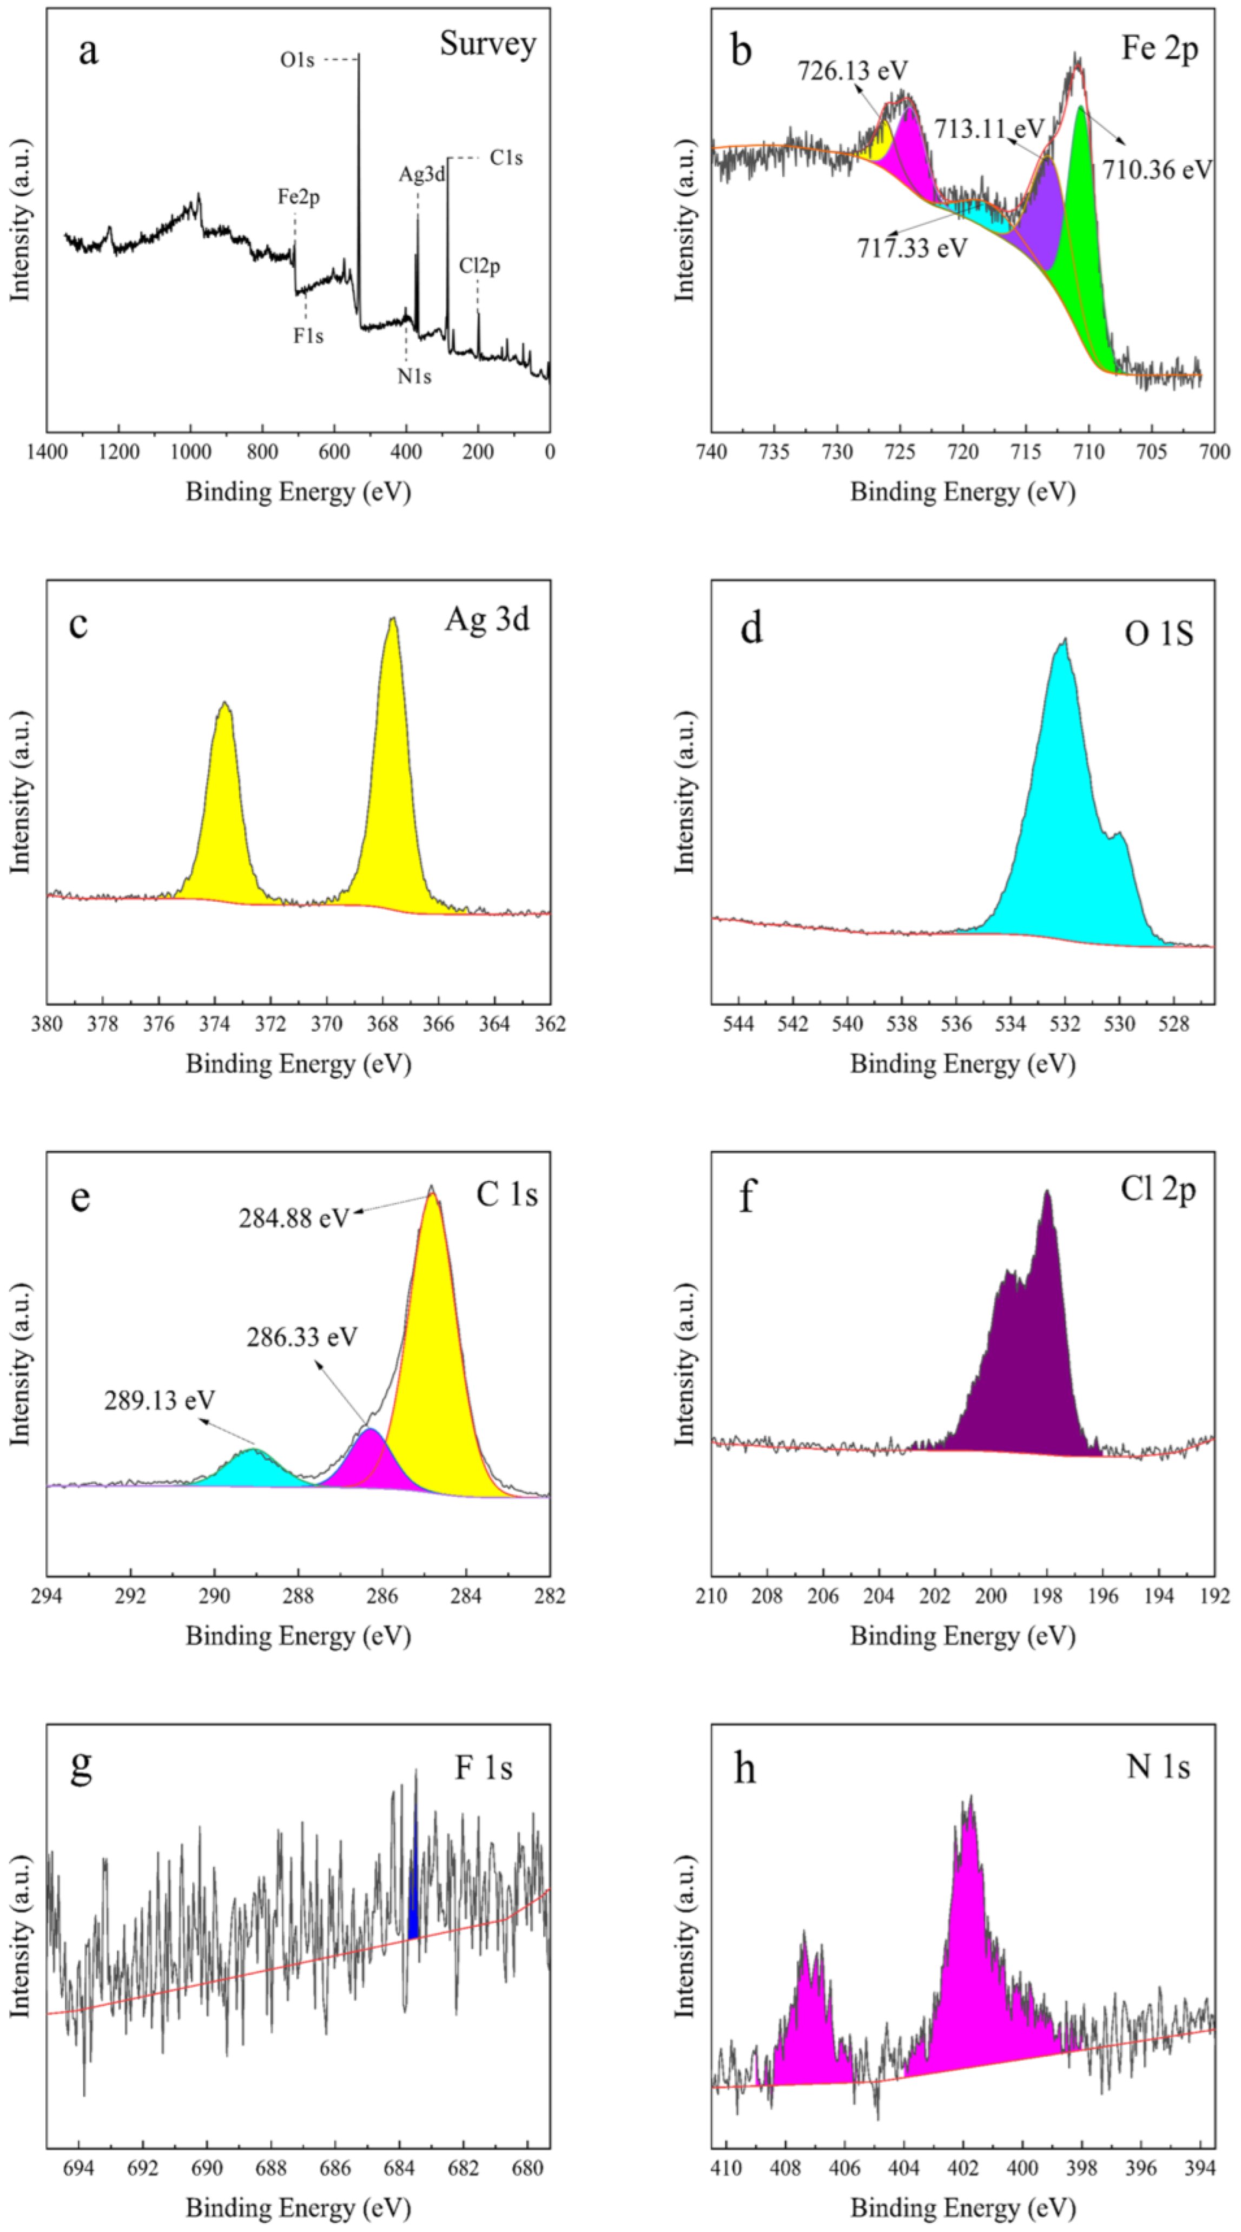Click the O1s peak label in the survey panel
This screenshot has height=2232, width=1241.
click(x=296, y=60)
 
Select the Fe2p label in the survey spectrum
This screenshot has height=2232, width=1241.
click(x=298, y=197)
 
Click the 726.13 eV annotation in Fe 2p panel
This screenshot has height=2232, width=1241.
click(x=852, y=70)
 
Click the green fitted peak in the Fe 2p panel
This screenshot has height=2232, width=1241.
click(x=1082, y=242)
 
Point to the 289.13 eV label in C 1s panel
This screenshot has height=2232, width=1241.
click(x=160, y=1400)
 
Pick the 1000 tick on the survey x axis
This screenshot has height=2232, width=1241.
click(x=190, y=451)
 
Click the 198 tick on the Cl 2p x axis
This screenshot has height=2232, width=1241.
click(x=1047, y=1595)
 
